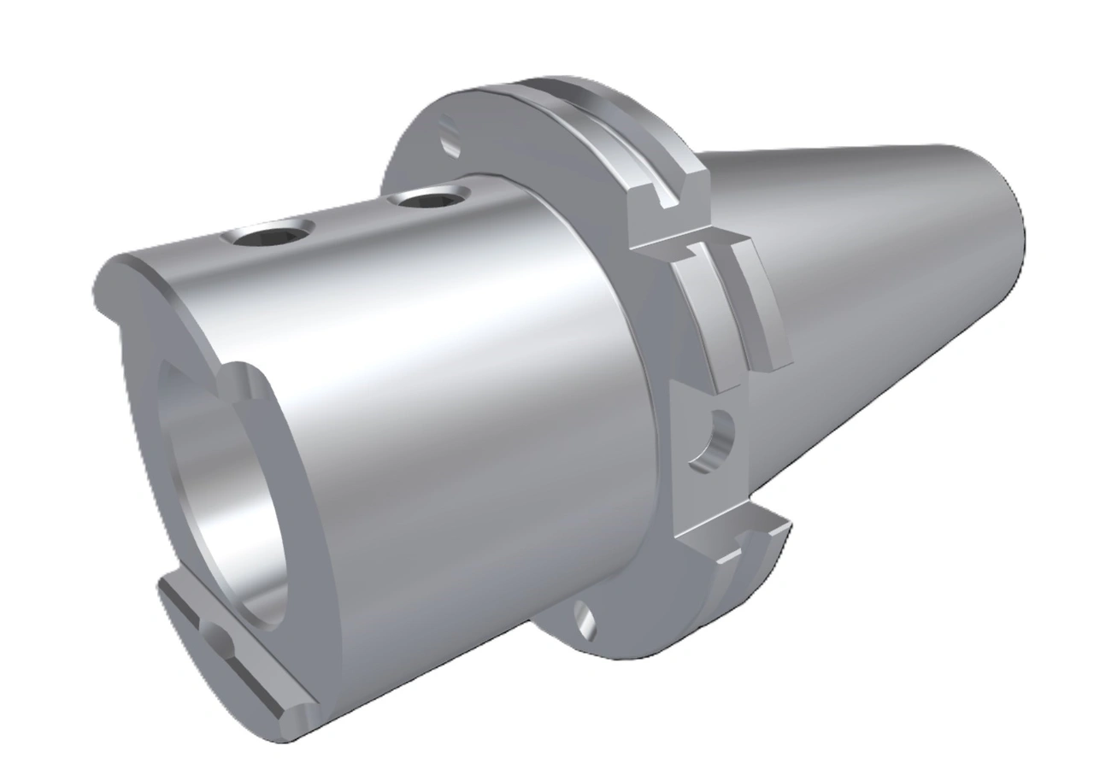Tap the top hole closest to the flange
point(426,200)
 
